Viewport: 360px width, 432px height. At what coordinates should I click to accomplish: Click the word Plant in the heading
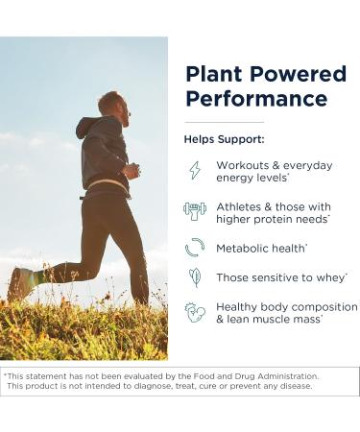[209, 75]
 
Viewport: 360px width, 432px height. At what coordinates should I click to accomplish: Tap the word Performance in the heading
[256, 99]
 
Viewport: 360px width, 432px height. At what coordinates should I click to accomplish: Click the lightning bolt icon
[195, 170]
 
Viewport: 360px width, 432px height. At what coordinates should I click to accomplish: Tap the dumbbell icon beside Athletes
[195, 211]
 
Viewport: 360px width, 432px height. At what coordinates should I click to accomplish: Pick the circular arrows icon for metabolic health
[195, 247]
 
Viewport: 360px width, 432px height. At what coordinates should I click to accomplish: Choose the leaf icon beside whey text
[195, 277]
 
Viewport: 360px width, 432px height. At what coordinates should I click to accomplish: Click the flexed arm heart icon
[195, 312]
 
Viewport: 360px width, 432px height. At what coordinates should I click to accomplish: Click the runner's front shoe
[19, 284]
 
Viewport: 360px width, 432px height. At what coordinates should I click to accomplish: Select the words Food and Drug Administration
[259, 376]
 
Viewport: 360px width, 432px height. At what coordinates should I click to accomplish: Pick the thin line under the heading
[224, 122]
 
